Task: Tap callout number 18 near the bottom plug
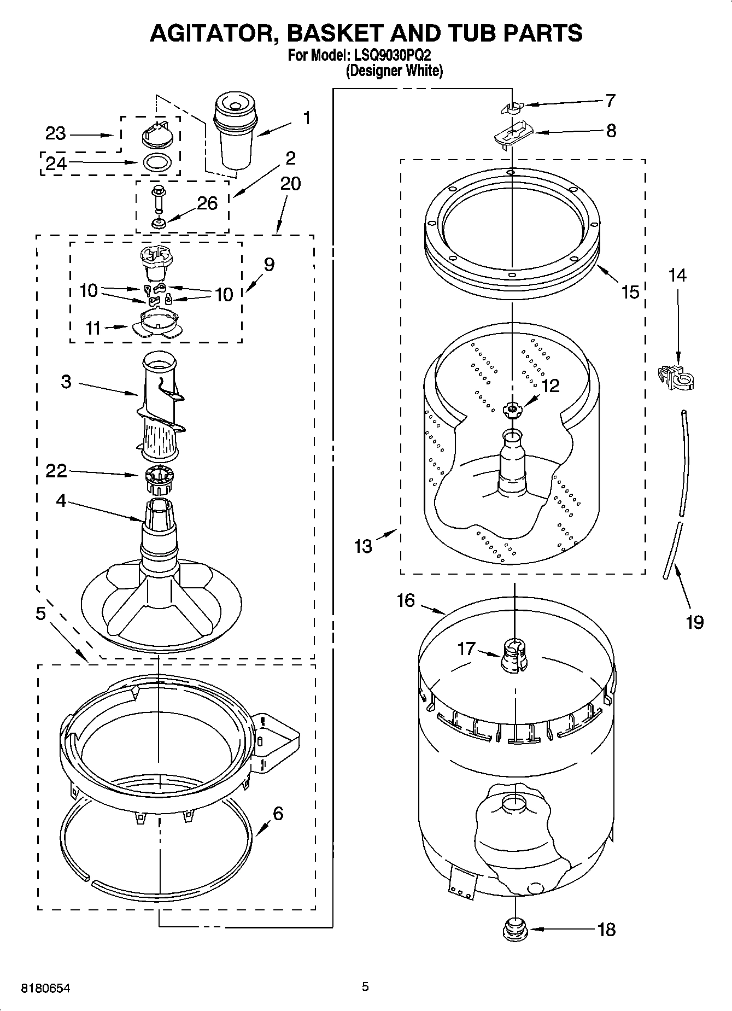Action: click(x=607, y=929)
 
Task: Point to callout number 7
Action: click(x=610, y=101)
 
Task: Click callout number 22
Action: click(x=56, y=471)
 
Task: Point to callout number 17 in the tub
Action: click(x=467, y=649)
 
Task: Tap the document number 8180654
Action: click(x=45, y=988)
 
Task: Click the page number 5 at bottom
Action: click(x=365, y=986)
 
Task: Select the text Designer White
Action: click(x=394, y=71)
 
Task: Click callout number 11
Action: click(x=93, y=328)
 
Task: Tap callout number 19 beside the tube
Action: click(x=694, y=622)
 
